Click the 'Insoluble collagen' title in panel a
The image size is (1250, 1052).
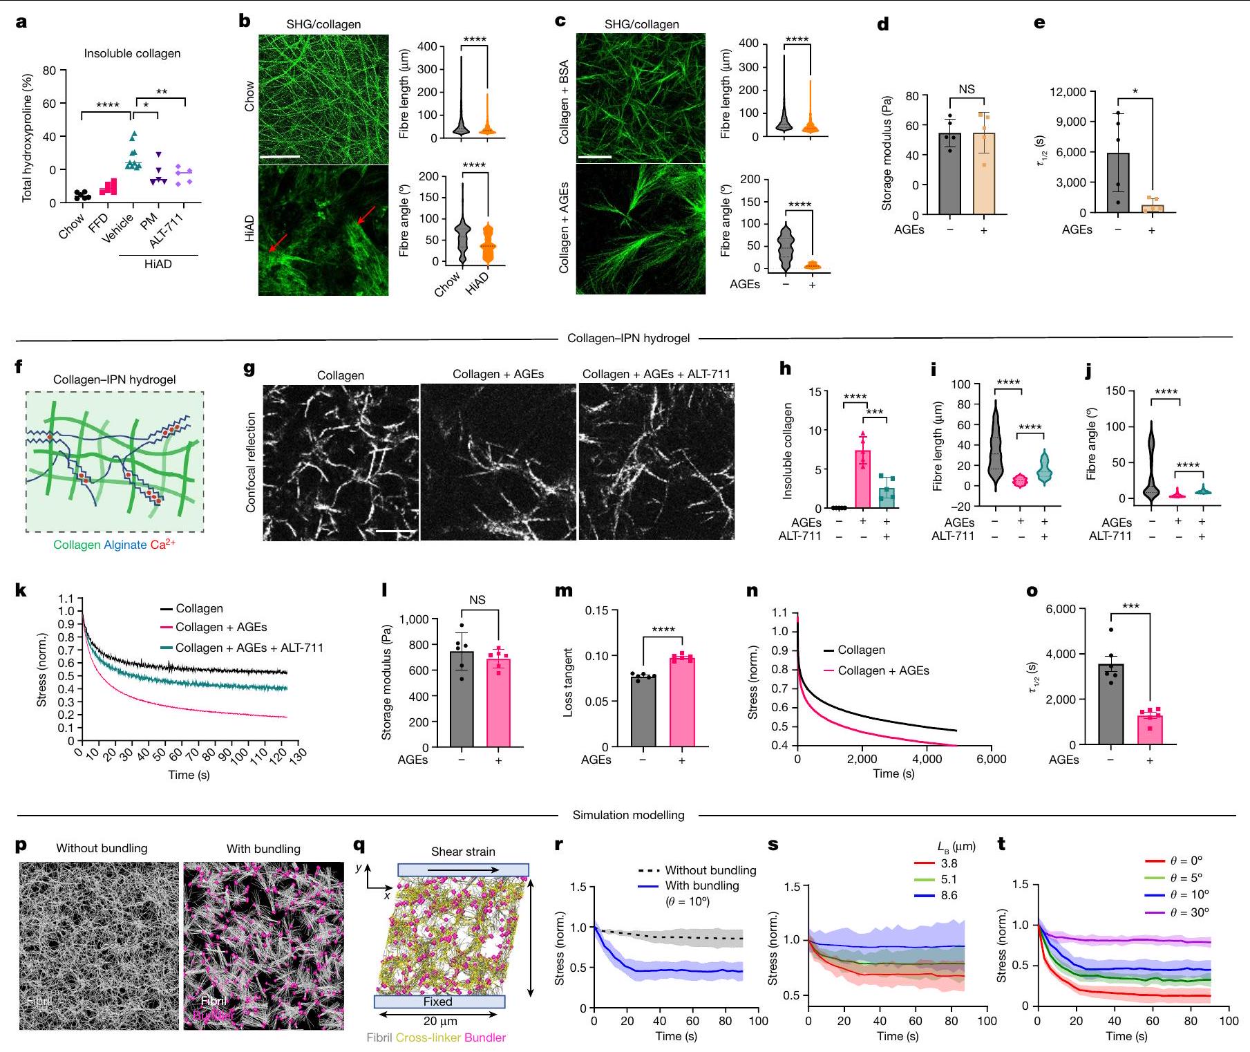[132, 53]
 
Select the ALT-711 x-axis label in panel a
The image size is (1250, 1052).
[167, 230]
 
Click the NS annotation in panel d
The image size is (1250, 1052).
[966, 89]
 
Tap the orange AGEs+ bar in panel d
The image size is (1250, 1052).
[983, 173]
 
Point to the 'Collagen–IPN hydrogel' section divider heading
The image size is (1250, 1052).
[628, 338]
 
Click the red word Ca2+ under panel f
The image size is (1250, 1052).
[162, 545]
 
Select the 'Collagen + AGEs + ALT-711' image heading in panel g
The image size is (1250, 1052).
[656, 374]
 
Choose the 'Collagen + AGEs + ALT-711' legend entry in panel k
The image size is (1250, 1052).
[249, 648]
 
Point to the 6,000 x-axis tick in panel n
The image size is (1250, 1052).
[991, 759]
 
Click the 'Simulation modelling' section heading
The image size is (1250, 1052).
[628, 815]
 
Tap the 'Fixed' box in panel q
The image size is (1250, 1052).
[439, 1002]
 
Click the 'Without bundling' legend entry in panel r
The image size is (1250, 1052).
[710, 870]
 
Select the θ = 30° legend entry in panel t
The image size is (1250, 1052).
[1189, 912]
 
